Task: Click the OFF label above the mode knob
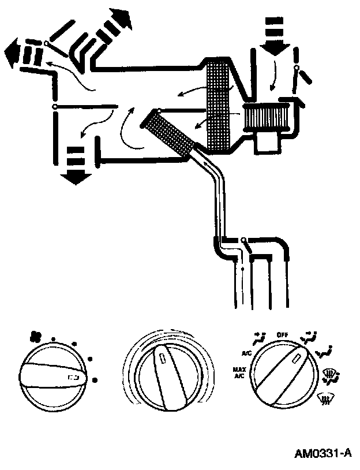coord(283,334)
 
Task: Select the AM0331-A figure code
coord(322,453)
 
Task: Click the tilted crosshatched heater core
coord(171,133)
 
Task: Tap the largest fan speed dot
coord(94,380)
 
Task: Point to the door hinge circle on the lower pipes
coord(244,240)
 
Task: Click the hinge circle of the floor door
coord(54,107)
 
